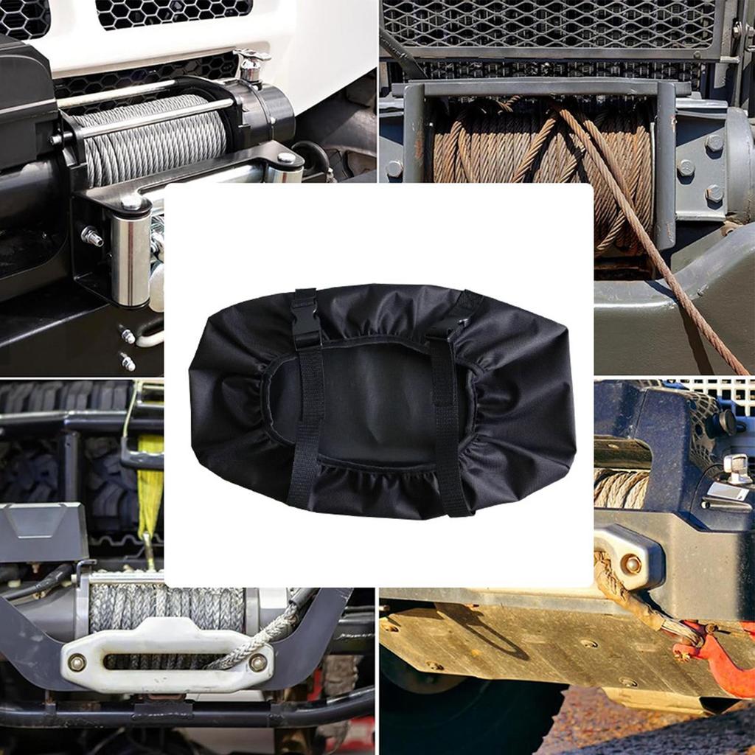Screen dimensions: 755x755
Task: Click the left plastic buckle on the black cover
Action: pos(305,319)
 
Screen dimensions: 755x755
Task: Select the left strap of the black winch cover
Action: pos(307,428)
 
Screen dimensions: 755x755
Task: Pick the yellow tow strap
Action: pos(150,479)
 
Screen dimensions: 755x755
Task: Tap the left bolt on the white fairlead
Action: pos(77,662)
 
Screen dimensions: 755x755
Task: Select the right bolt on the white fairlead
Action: pos(257,662)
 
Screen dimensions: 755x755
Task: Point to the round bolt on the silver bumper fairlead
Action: pos(631,564)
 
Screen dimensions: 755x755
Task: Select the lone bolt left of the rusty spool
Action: pos(394,169)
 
